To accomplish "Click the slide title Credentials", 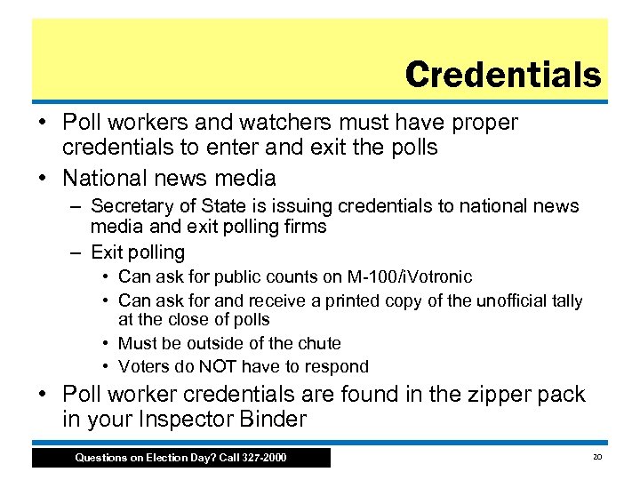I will tap(502, 75).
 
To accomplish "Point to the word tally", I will tap(565, 300).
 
